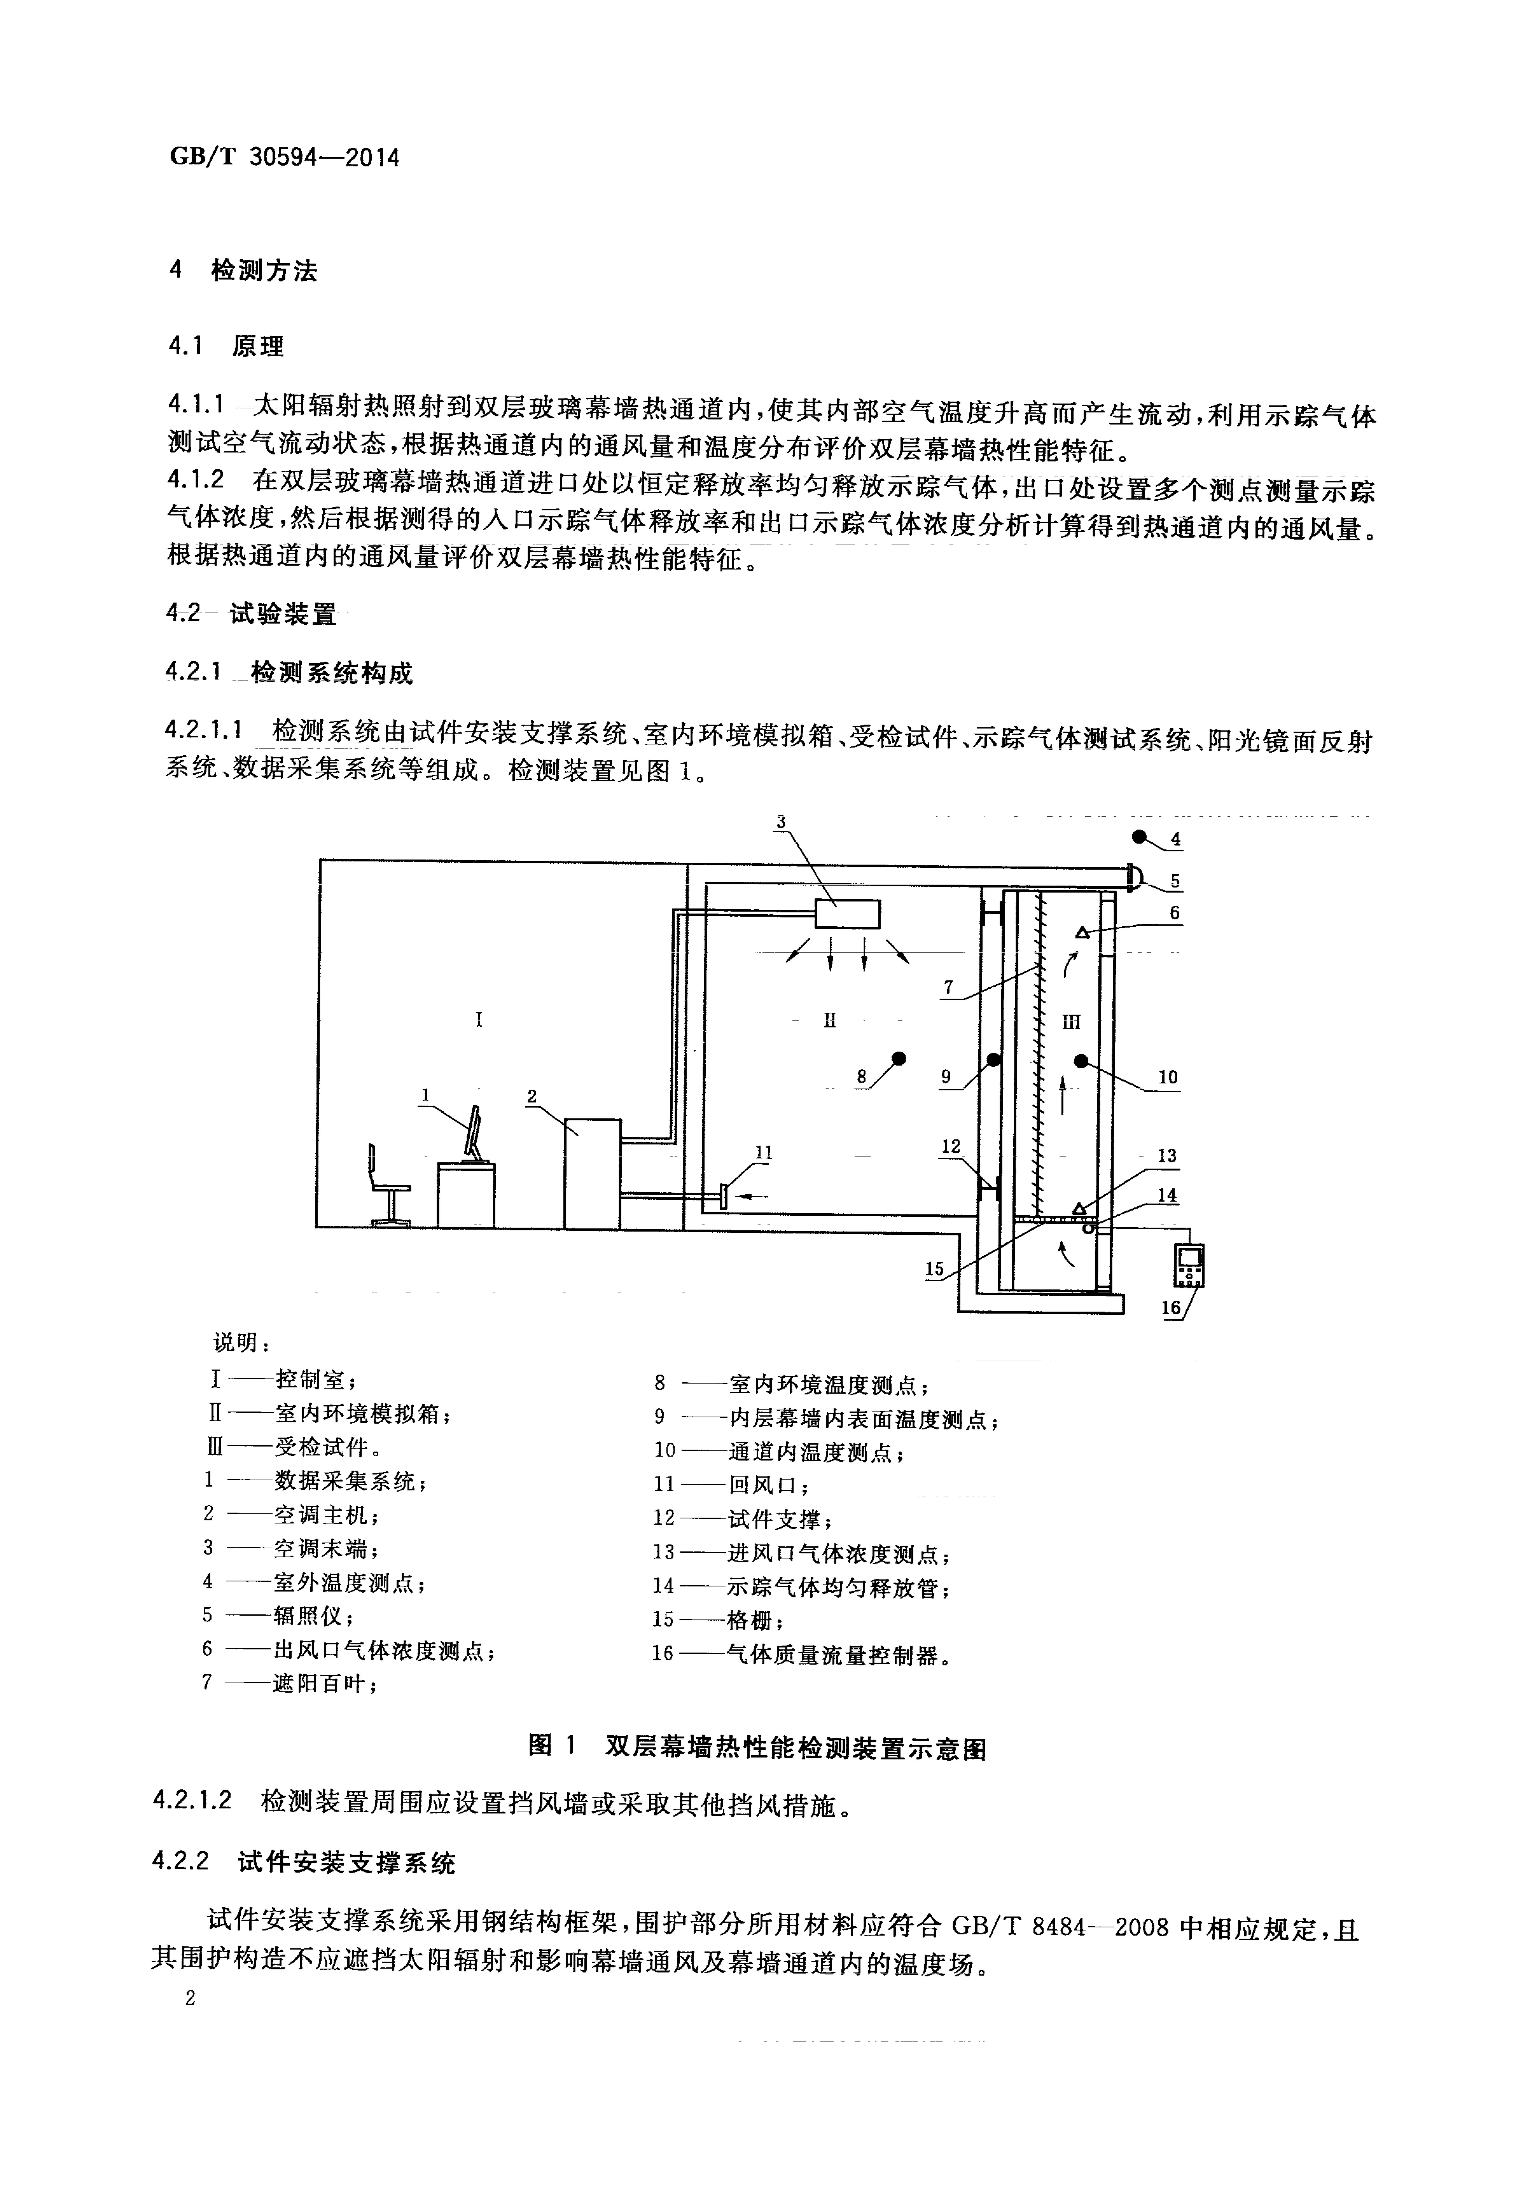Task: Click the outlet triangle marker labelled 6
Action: coord(1082,932)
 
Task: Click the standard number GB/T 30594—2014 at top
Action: coord(284,157)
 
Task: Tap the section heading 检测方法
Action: coord(264,271)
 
